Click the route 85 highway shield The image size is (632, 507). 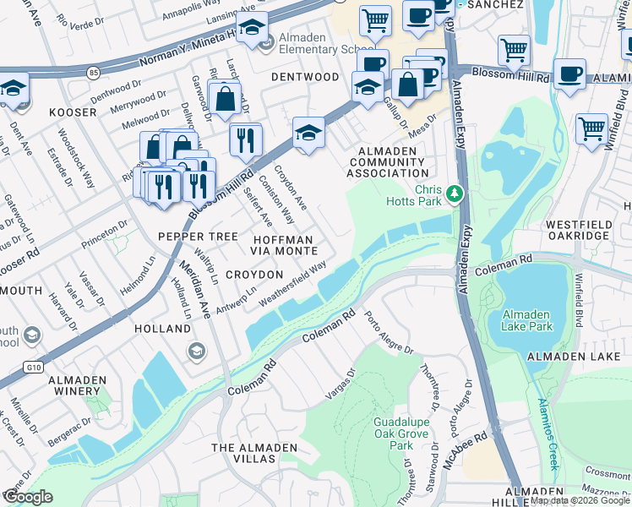click(91, 73)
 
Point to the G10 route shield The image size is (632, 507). click(33, 367)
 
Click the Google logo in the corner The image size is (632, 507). click(27, 497)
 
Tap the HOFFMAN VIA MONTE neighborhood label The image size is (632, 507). click(273, 246)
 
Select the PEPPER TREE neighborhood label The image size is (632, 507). click(199, 237)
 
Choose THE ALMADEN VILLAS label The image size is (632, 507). click(254, 453)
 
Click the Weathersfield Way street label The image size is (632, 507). click(292, 285)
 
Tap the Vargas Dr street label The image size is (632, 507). click(341, 384)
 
